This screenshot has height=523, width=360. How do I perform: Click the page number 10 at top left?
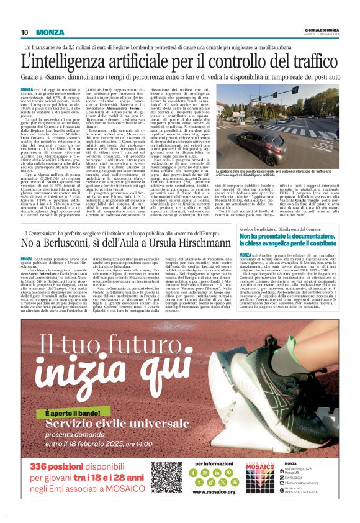[25, 32]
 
